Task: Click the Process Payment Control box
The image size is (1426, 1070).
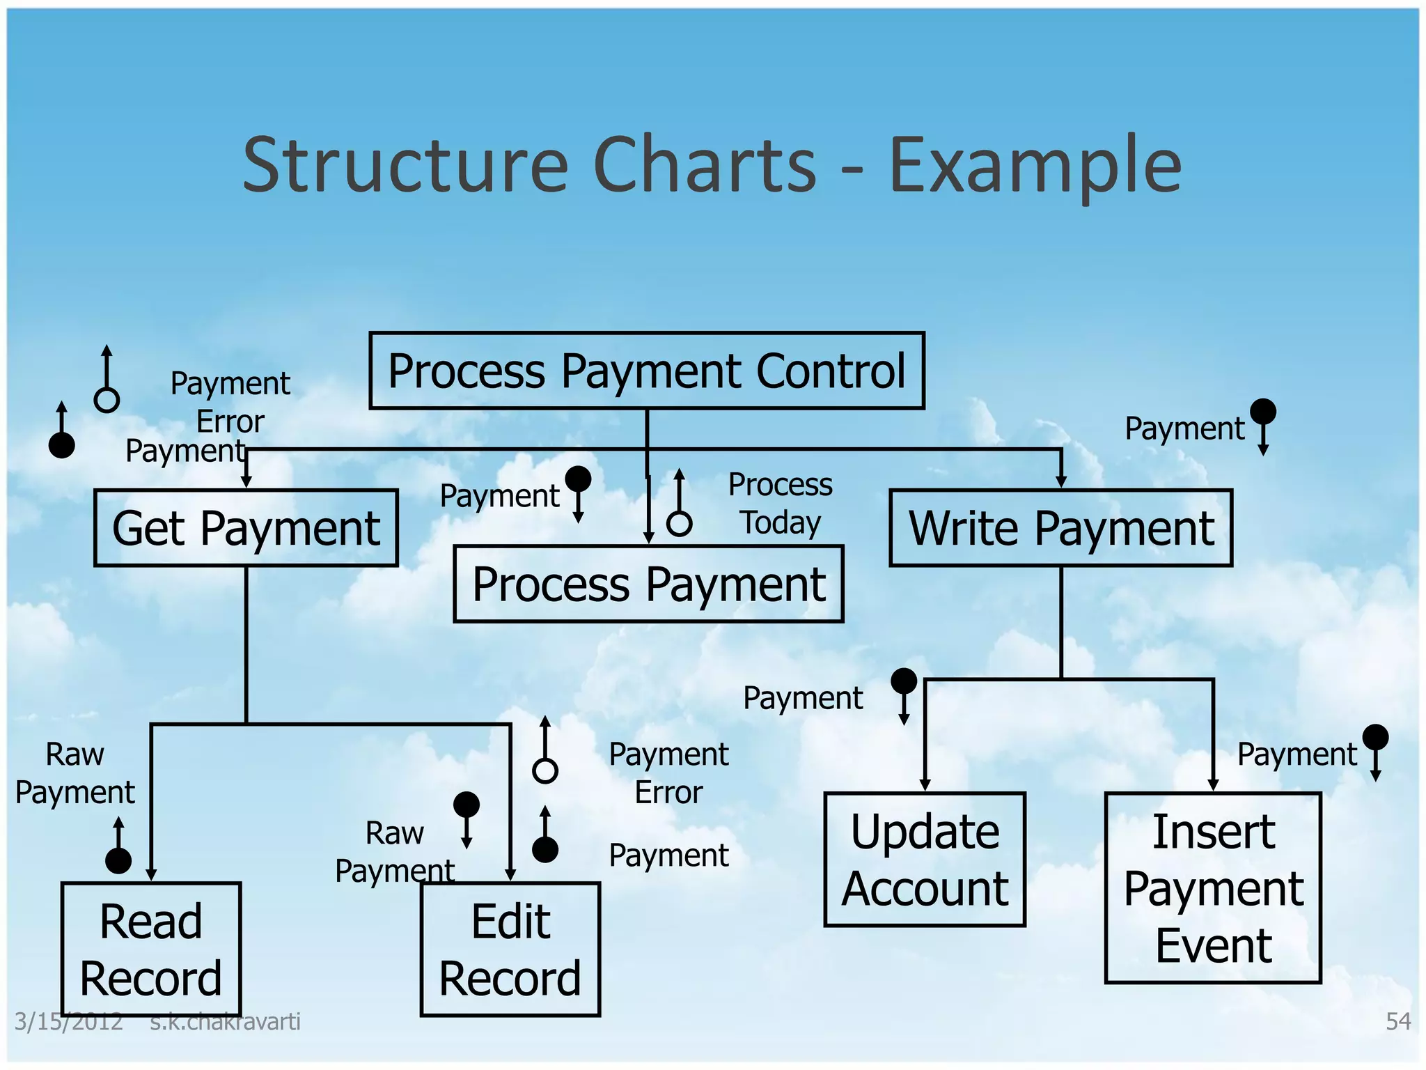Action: point(646,371)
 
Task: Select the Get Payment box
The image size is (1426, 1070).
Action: point(246,528)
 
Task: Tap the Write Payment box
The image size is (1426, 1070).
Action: point(1060,528)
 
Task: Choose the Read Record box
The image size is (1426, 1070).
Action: point(151,949)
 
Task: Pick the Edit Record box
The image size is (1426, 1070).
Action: point(510,949)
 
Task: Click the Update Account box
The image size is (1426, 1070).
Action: point(925,860)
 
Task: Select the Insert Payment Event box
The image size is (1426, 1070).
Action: point(1213,887)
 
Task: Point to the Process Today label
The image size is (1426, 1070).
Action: point(780,503)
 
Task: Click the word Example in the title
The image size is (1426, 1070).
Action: point(1035,166)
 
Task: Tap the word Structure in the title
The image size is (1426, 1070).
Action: point(405,166)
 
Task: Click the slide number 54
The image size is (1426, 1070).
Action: point(1398,1021)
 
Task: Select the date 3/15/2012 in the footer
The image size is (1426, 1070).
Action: point(68,1022)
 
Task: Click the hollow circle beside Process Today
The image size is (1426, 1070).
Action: point(679,523)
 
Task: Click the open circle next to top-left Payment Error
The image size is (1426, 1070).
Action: point(107,400)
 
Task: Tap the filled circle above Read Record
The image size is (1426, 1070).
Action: point(118,861)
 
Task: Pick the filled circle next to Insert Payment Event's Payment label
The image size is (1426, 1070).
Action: point(1375,737)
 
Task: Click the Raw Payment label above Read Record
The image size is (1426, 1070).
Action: point(75,773)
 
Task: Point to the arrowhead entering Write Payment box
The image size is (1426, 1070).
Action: point(1061,482)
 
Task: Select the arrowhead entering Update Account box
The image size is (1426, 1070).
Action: point(925,785)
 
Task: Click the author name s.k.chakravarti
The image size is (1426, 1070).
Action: point(225,1022)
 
